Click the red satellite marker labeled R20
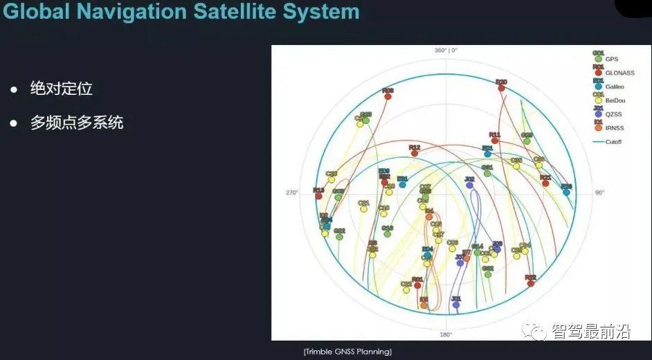[x=500, y=88]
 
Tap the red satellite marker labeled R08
[x=388, y=96]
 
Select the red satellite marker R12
[x=415, y=153]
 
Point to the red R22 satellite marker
[x=530, y=282]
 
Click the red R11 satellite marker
[x=495, y=141]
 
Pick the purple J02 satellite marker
[x=470, y=185]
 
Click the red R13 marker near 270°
[x=318, y=196]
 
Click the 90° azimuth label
[x=599, y=192]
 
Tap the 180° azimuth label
[x=446, y=334]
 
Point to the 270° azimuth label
[x=291, y=192]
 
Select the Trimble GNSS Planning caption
[x=347, y=352]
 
